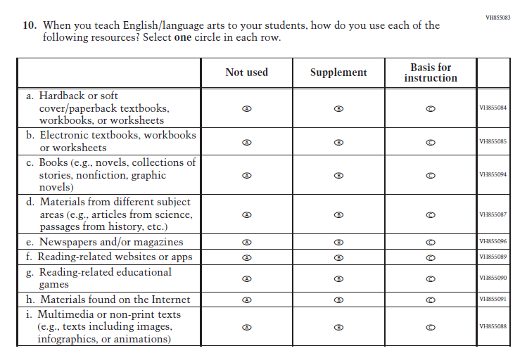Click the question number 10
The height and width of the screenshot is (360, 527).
30,25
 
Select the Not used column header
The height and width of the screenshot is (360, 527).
246,72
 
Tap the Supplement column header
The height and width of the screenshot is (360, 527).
338,72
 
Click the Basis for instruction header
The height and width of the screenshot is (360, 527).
431,72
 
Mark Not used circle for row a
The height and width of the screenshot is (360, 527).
246,108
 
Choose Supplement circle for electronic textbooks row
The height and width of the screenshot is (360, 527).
338,141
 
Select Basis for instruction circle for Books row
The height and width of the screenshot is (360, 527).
431,175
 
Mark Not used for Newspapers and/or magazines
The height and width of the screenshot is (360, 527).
246,242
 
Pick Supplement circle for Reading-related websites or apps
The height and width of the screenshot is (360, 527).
338,257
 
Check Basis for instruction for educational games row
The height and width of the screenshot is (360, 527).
431,278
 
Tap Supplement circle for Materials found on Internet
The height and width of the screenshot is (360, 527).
338,300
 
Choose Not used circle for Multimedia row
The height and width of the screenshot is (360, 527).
246,327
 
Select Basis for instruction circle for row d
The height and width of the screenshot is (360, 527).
431,214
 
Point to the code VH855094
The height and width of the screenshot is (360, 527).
493,174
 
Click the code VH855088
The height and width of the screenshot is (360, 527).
493,326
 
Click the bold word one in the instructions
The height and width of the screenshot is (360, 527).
184,37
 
